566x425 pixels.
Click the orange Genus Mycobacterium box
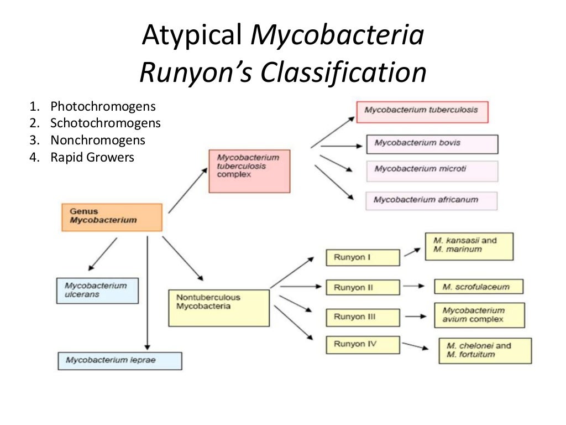[x=112, y=217]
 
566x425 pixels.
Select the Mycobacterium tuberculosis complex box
[x=249, y=170]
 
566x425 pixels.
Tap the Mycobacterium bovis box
[x=432, y=144]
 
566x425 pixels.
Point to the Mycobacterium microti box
[x=432, y=170]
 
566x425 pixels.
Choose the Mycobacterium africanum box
[x=431, y=200]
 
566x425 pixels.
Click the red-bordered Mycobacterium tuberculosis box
[x=422, y=111]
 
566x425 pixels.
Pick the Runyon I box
[x=363, y=258]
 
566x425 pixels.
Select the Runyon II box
[x=363, y=287]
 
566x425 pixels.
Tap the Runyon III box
[x=363, y=317]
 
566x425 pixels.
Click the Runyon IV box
[x=363, y=345]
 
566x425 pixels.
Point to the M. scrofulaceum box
[x=479, y=287]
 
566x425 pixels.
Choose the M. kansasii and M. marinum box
[x=469, y=246]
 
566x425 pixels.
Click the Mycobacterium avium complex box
[x=479, y=315]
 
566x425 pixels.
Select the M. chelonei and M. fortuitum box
[x=485, y=351]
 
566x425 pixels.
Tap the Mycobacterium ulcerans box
[x=97, y=291]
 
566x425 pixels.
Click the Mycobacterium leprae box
[x=119, y=361]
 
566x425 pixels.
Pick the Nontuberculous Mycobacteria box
[x=219, y=307]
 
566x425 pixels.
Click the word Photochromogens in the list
[x=103, y=106]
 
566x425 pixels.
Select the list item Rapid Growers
[x=92, y=157]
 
